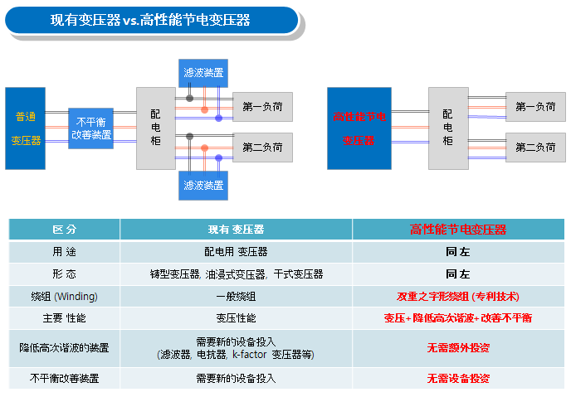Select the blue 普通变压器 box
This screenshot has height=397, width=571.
pos(26,128)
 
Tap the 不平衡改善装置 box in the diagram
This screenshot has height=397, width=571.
pos(91,128)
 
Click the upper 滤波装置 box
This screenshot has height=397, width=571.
pos(203,73)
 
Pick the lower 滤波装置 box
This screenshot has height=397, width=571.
pos(203,185)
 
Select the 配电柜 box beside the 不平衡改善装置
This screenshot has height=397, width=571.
pos(156,128)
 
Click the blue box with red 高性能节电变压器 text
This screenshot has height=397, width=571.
pos(359,128)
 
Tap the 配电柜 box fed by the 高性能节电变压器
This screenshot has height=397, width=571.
pos(448,128)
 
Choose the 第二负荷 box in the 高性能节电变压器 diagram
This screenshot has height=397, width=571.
pos(535,148)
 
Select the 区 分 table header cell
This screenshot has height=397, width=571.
pos(64,230)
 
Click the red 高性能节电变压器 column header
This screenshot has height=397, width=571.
pos(458,230)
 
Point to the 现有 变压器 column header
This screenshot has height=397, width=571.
pos(236,230)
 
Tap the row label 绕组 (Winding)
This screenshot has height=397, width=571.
pos(64,296)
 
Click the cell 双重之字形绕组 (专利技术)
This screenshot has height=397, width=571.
pos(458,296)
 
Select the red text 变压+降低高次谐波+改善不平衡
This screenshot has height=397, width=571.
pos(458,318)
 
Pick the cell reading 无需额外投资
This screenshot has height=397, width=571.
pos(458,347)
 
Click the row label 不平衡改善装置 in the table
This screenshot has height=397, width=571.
pos(64,378)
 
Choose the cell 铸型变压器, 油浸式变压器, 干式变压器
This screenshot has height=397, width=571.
pos(236,274)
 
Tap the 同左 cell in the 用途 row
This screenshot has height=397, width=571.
pos(458,251)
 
